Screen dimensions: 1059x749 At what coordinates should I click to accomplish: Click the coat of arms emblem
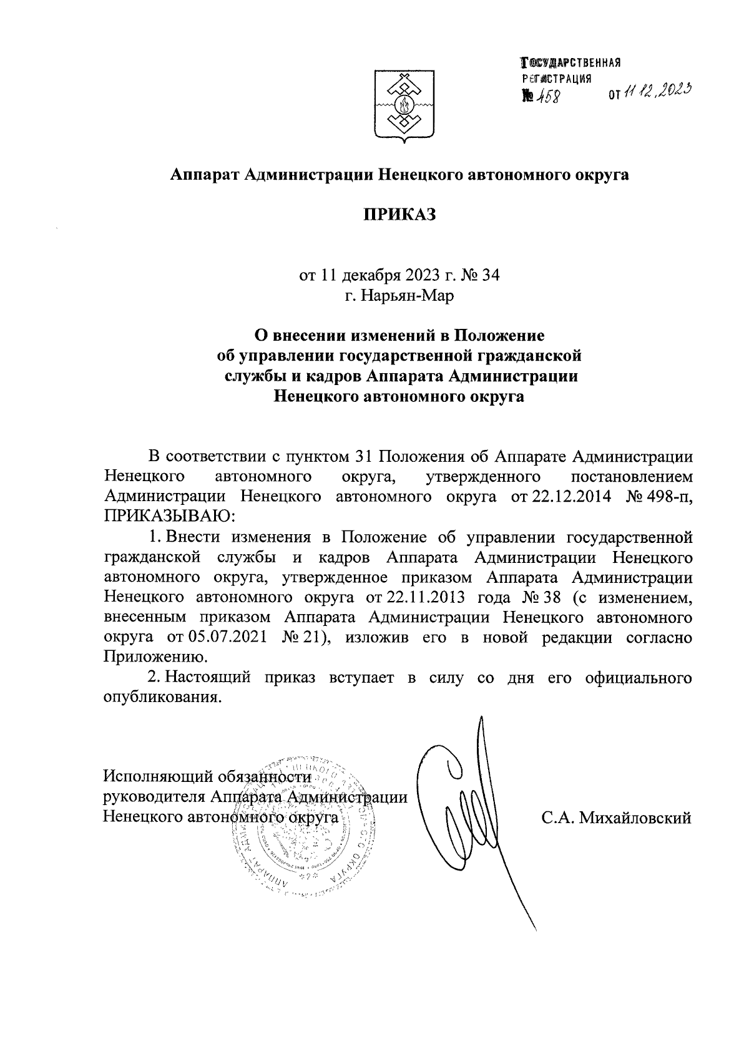(x=400, y=107)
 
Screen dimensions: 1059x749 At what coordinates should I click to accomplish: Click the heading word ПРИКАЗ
(x=399, y=215)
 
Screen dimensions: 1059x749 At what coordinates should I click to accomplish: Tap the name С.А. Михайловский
(x=617, y=817)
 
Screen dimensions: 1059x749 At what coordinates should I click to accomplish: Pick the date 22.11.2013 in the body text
(x=425, y=597)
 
